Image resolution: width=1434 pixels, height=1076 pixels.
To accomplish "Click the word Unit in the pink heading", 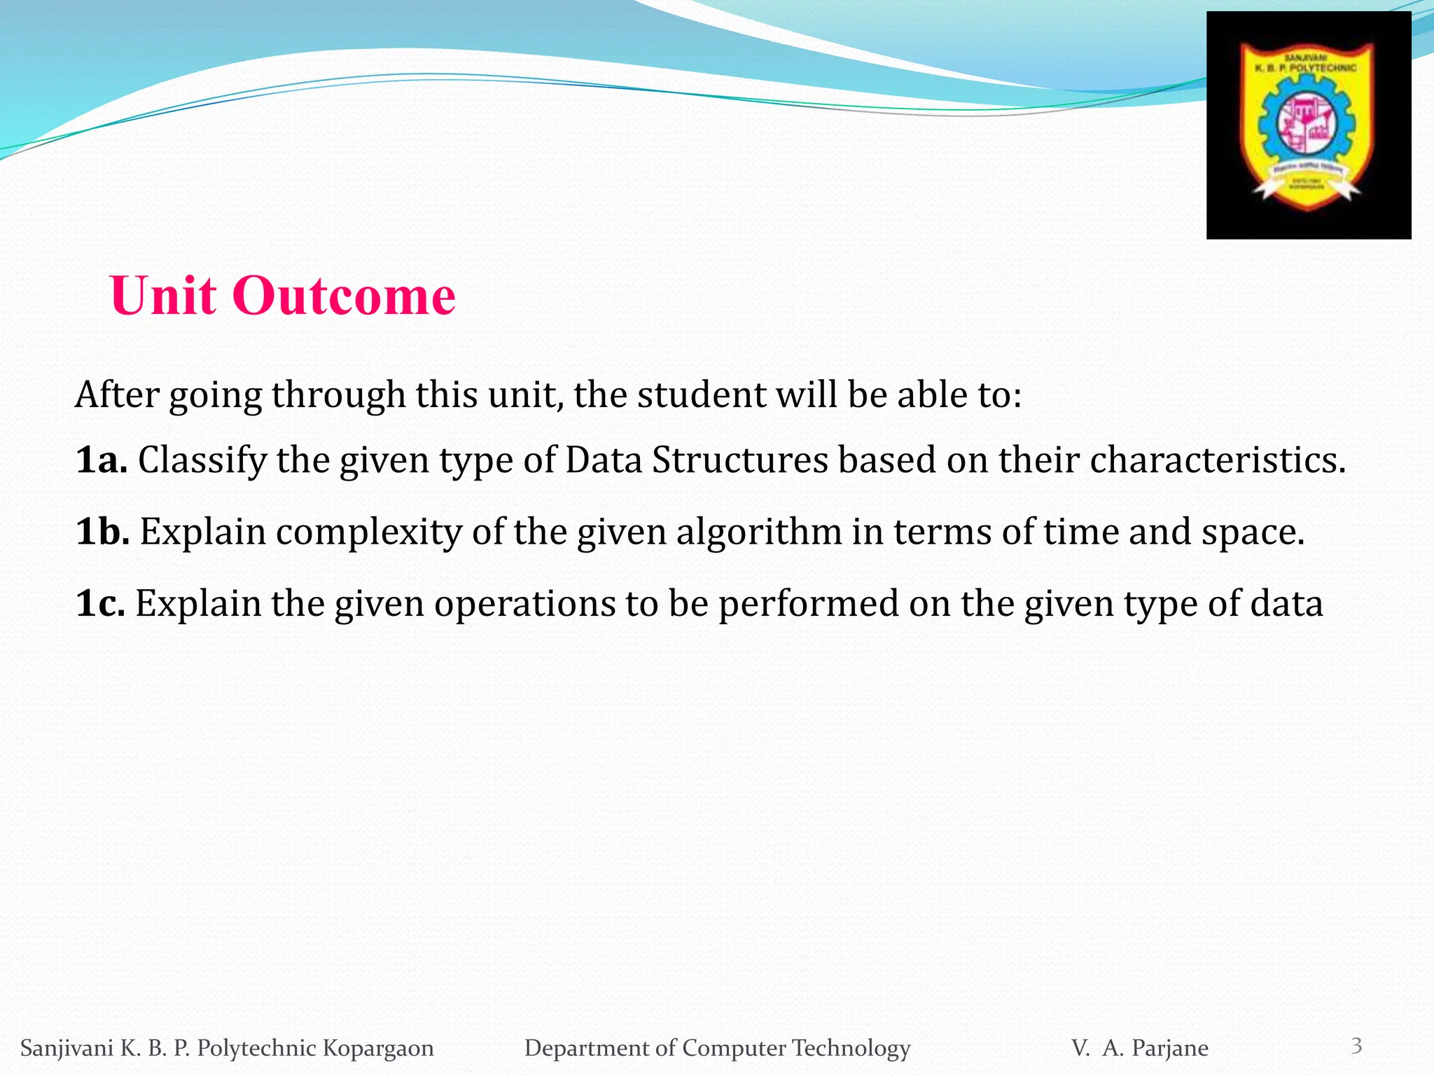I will pyautogui.click(x=163, y=296).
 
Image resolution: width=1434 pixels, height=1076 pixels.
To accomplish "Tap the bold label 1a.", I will pyautogui.click(x=101, y=461).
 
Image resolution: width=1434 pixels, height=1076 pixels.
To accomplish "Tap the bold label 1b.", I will pyautogui.click(x=102, y=532).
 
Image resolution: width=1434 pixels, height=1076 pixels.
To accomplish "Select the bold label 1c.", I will pyautogui.click(x=100, y=604).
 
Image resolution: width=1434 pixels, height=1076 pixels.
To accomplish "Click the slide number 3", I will pyautogui.click(x=1356, y=1046).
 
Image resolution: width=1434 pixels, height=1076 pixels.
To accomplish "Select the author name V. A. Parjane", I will pyautogui.click(x=1139, y=1048).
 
